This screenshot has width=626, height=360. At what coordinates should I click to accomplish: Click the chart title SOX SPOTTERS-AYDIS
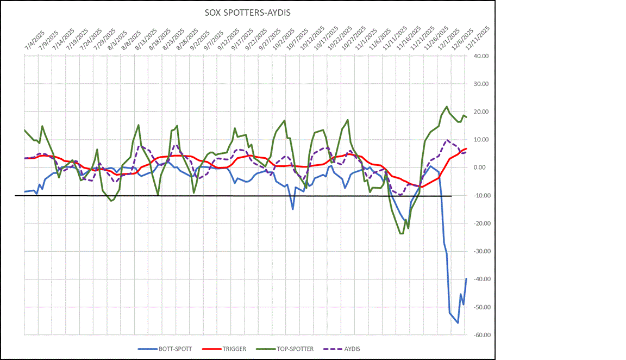coord(247,13)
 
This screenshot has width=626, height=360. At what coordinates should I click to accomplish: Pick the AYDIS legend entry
coord(350,349)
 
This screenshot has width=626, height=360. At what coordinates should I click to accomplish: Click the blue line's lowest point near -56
coord(458,323)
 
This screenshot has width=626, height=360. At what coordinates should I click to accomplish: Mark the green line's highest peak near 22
coord(447,107)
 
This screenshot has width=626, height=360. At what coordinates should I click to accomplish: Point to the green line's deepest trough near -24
coord(401,234)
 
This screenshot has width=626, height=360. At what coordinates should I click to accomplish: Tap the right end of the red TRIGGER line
coord(467,148)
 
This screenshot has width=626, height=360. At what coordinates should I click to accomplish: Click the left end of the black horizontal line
coord(16,196)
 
